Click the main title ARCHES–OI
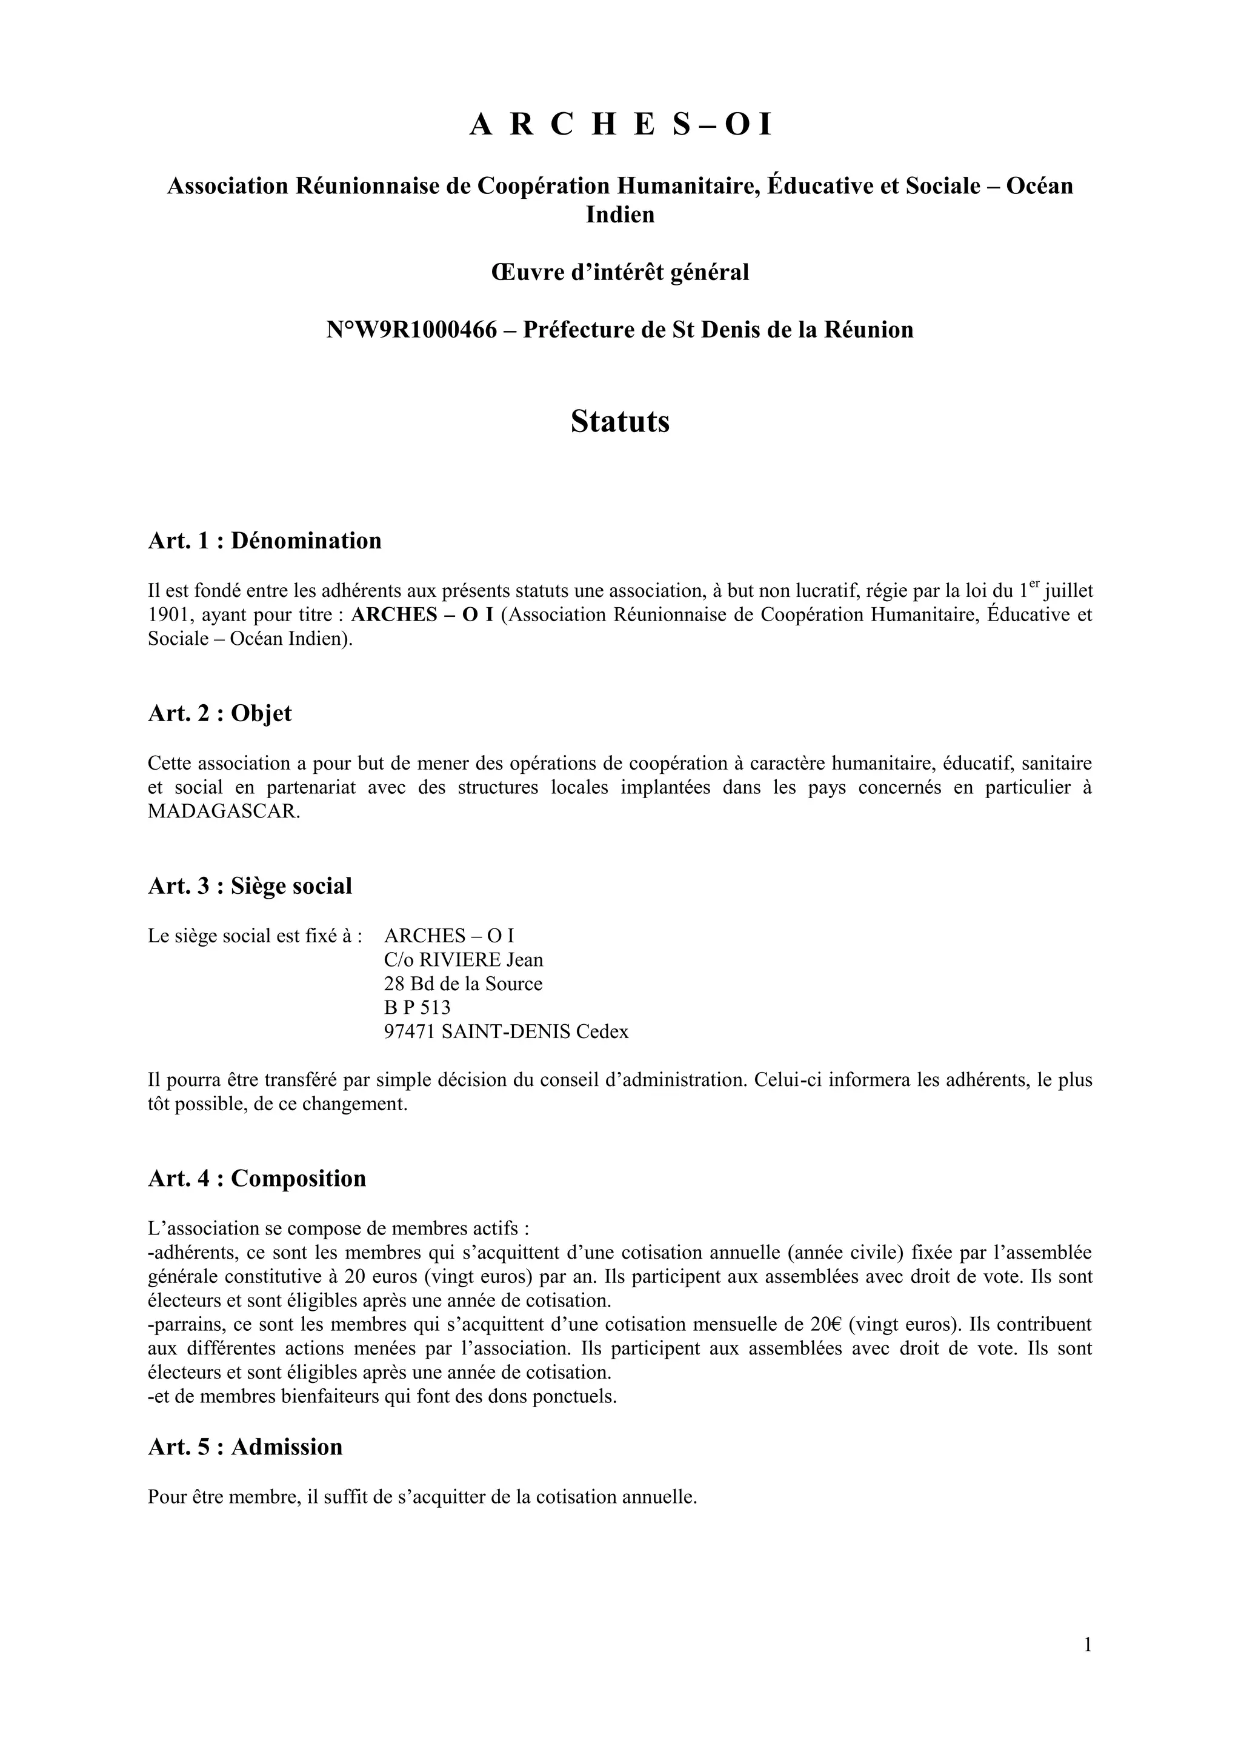[x=620, y=125]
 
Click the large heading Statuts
[x=620, y=421]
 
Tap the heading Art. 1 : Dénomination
[x=264, y=541]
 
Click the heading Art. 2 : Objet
[x=219, y=713]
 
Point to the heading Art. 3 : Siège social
[x=250, y=886]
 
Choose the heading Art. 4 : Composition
[x=257, y=1178]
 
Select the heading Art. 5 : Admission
[x=245, y=1447]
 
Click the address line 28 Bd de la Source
[x=463, y=984]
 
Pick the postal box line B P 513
[x=418, y=1007]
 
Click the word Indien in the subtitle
[x=620, y=215]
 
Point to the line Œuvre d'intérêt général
[x=620, y=272]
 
